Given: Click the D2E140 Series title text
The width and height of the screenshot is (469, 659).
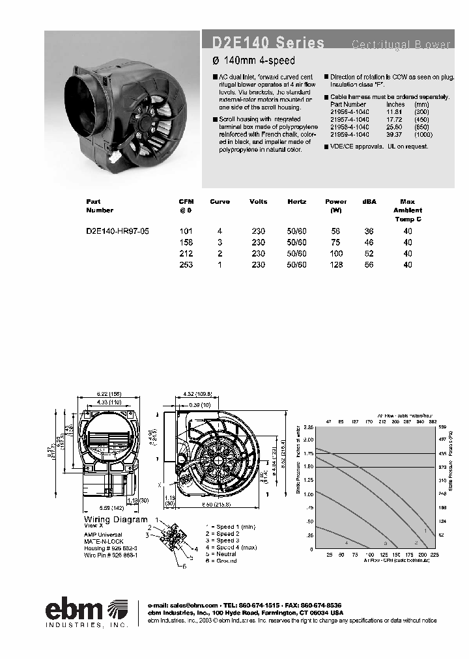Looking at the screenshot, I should click(x=268, y=43).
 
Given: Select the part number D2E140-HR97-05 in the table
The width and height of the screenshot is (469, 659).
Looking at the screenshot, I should click(x=118, y=231).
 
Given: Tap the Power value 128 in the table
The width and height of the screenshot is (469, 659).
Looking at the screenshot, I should click(x=335, y=264).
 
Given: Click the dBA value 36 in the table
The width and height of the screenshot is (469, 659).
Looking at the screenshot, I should click(x=369, y=231).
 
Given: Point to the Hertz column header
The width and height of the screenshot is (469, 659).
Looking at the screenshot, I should click(x=297, y=202).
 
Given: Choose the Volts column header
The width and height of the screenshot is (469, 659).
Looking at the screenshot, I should click(x=259, y=202).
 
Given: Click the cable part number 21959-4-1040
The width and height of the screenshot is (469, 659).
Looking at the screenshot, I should click(x=349, y=134).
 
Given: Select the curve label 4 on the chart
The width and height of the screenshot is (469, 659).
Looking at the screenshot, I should click(x=346, y=542).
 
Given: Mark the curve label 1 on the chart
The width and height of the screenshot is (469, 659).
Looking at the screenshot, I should click(x=425, y=531).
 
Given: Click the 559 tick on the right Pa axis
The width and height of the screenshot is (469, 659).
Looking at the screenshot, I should click(x=442, y=427).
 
